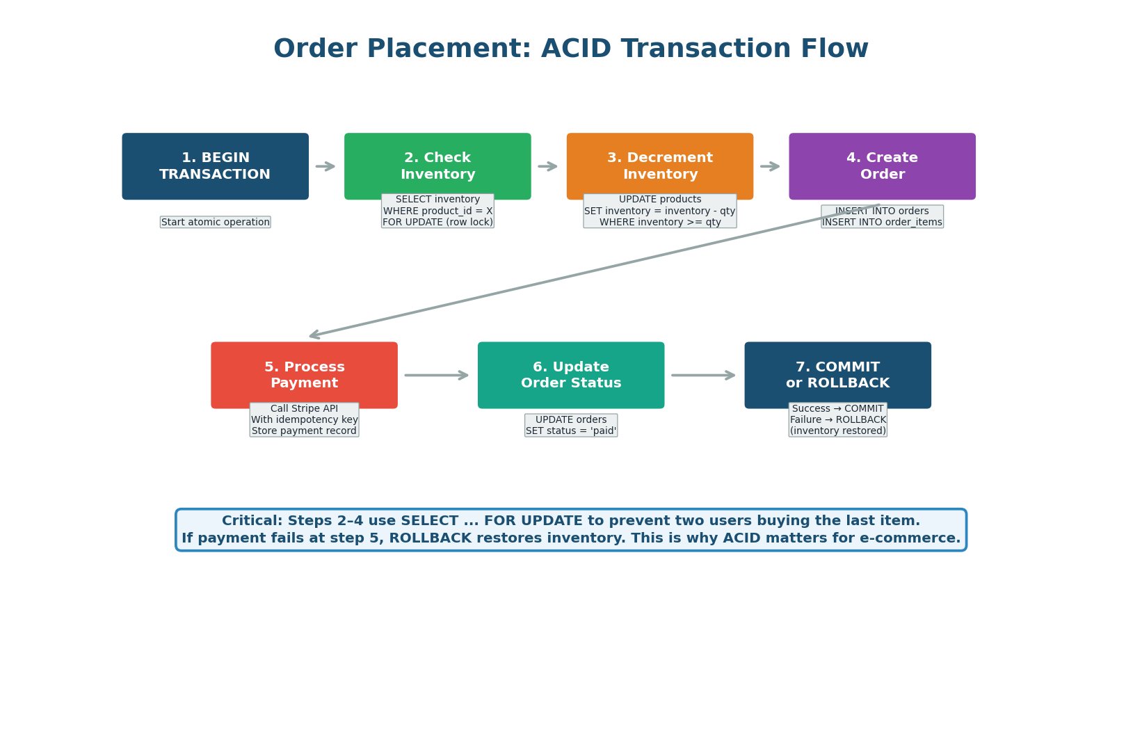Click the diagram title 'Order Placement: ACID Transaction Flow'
tap(570, 49)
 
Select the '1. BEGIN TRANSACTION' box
tap(215, 166)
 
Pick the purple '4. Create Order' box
tap(882, 166)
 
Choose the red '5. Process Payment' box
tap(304, 374)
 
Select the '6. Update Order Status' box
tap(570, 374)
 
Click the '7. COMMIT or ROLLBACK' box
tap(837, 374)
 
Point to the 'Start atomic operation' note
tap(215, 223)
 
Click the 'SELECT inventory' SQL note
tap(437, 211)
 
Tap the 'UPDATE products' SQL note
tap(659, 211)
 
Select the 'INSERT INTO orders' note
tap(882, 217)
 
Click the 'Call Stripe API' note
tap(304, 420)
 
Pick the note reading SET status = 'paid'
tap(570, 426)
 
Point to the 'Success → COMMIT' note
tap(837, 420)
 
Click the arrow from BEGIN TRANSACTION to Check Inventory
tap(325, 166)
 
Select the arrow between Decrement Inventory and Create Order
tap(770, 166)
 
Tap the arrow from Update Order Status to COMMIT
tap(703, 376)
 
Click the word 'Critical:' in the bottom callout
tap(252, 521)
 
